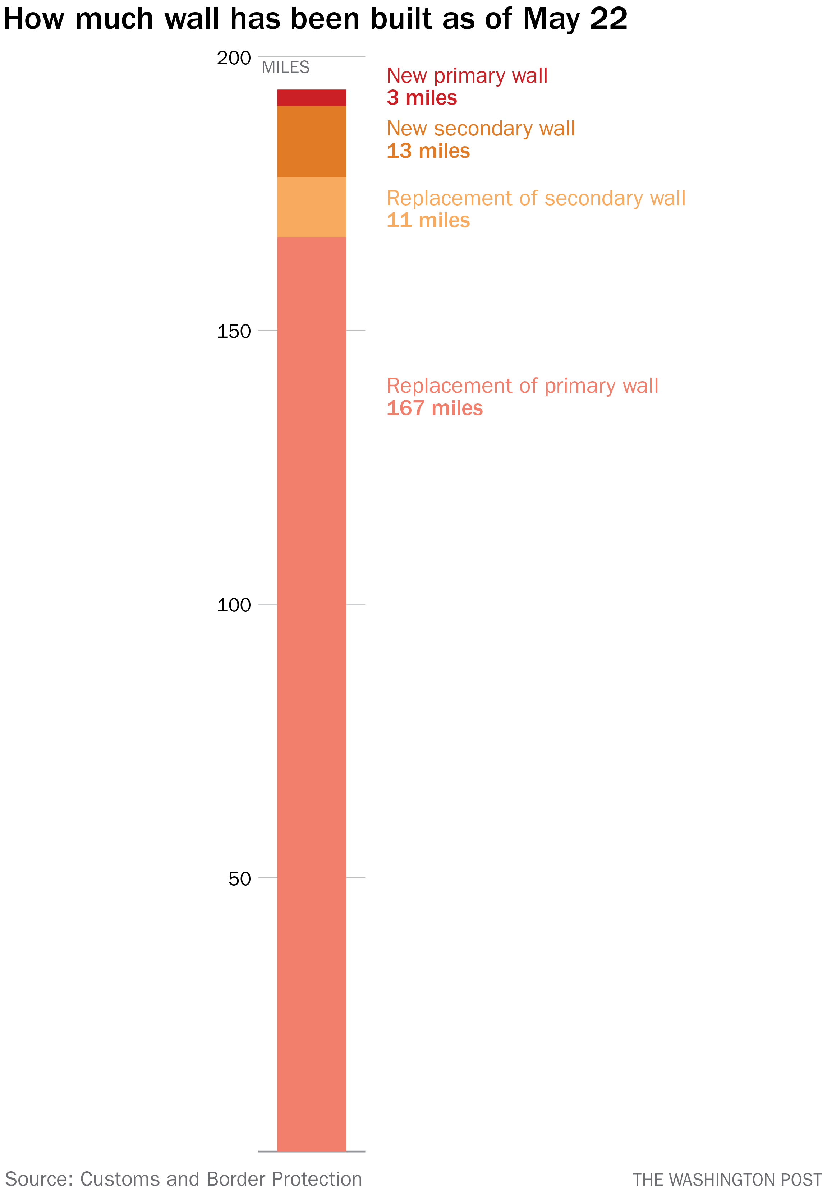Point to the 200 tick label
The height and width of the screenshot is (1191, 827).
[x=234, y=58]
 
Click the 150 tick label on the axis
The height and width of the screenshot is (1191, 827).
[x=234, y=331]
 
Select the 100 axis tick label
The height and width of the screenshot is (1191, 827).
[x=234, y=605]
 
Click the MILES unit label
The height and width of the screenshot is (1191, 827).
[x=285, y=67]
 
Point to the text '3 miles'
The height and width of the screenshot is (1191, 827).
[x=422, y=98]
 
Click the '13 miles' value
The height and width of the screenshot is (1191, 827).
[x=428, y=151]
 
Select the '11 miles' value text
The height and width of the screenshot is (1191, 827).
[x=428, y=220]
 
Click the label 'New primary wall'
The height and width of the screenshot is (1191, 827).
[x=467, y=75]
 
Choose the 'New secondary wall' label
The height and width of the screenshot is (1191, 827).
[x=480, y=128]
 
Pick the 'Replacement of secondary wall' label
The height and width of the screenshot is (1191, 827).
[x=536, y=198]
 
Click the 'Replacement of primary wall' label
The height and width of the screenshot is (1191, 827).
[x=522, y=386]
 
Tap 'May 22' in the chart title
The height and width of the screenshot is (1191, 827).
[x=575, y=19]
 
